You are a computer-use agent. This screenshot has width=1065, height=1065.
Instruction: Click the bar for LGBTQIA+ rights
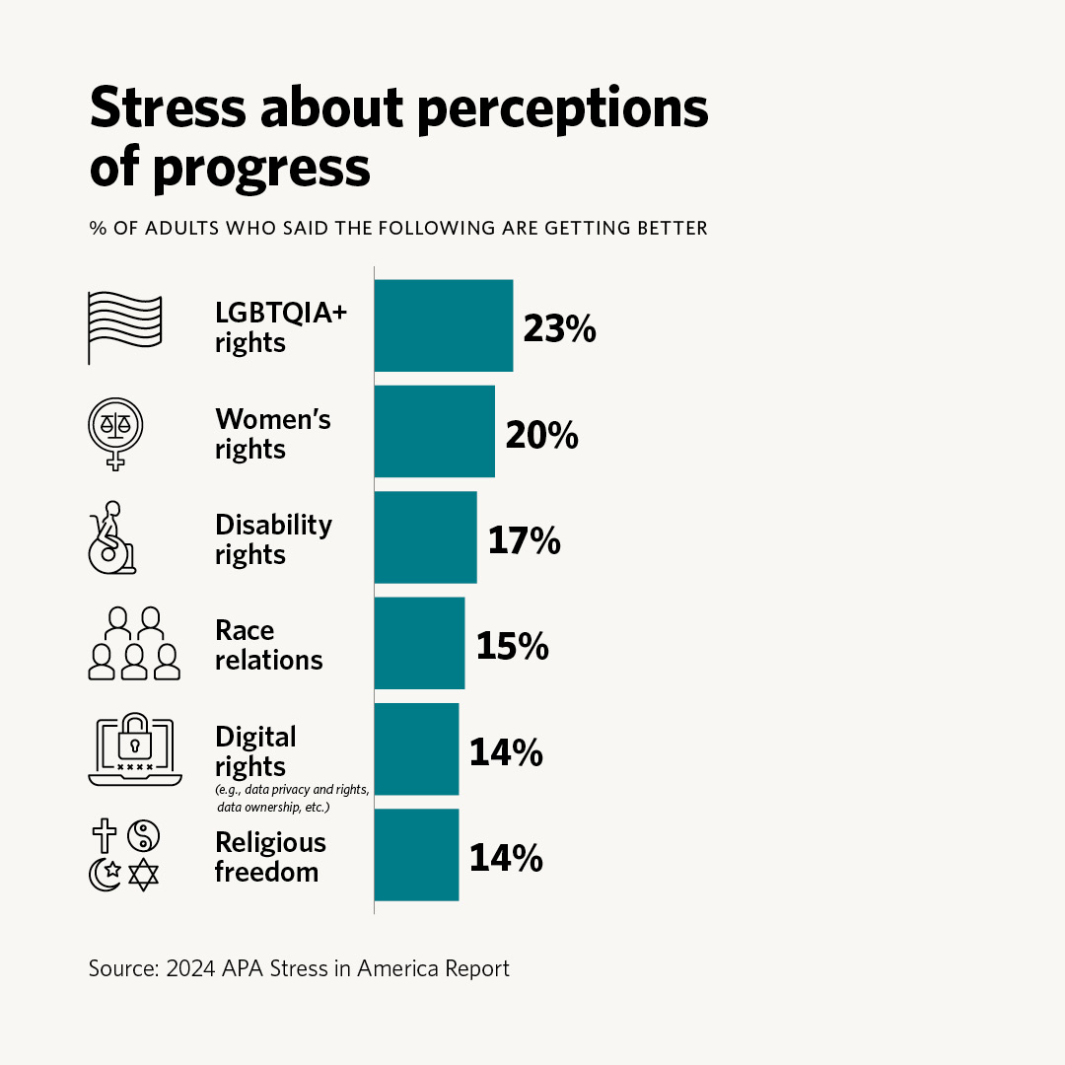coord(443,325)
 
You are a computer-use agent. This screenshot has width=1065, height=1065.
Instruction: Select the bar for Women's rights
coord(434,431)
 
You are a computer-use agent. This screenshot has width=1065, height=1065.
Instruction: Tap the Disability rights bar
coord(425,536)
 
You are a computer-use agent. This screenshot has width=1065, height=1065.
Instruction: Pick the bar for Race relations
coord(419,643)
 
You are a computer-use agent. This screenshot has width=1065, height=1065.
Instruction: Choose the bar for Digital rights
coord(416,748)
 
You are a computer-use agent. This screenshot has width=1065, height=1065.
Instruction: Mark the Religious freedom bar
coord(416,854)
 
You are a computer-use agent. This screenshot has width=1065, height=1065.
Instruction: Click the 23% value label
coord(559,328)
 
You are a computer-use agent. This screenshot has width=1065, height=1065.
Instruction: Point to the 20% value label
coord(541,434)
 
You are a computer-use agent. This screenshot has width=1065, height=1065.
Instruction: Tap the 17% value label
coord(524,540)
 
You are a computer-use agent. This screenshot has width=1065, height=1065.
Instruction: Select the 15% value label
coord(512,646)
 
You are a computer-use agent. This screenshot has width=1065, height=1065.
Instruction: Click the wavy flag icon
coord(124,326)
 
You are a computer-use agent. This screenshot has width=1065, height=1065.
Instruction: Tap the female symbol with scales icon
coord(116,432)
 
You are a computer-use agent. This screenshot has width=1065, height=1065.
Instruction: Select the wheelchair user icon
coord(112,537)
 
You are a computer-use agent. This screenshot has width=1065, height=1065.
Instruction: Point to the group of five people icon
coord(134,643)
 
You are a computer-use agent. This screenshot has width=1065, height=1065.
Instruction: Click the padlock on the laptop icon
coord(134,741)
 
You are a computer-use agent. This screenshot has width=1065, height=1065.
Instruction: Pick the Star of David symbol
coord(144,875)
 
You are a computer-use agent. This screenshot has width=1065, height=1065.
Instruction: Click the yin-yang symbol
coord(144,836)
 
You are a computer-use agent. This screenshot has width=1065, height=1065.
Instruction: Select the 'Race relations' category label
coord(268,645)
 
